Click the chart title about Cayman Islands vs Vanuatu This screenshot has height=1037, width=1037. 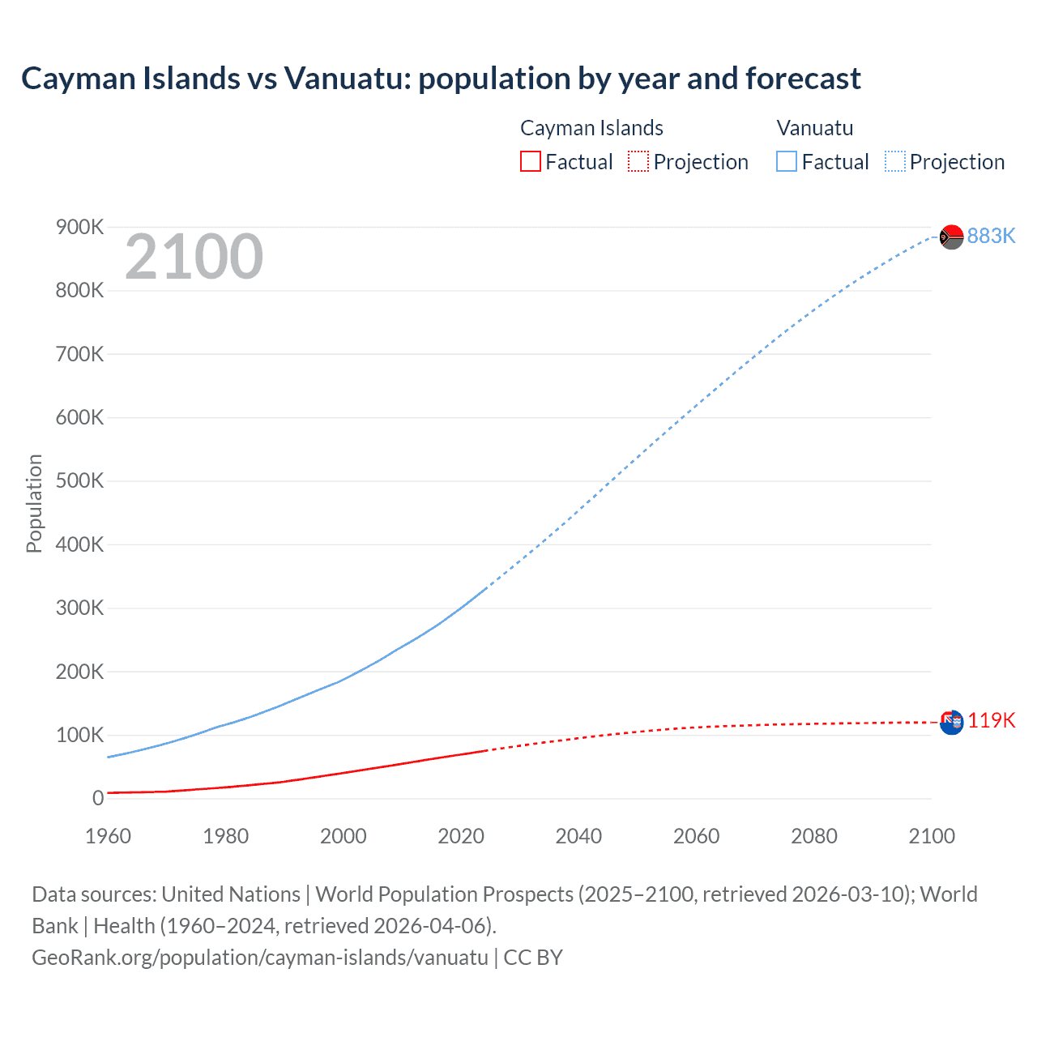click(441, 79)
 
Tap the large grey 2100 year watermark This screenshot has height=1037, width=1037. click(194, 257)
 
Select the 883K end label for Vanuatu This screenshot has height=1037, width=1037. click(991, 236)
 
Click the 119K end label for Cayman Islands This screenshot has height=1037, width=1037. click(991, 720)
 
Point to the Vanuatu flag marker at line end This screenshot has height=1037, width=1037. click(951, 237)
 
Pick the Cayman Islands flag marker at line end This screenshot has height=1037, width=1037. click(951, 722)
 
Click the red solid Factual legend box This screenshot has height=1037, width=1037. click(530, 162)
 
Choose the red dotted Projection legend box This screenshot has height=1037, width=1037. click(638, 162)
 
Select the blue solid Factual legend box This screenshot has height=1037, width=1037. click(786, 162)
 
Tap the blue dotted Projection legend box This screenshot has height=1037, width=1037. click(894, 162)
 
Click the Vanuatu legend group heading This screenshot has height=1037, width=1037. click(814, 128)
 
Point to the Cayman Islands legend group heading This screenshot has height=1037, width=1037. click(591, 128)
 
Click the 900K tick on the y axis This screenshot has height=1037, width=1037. click(79, 227)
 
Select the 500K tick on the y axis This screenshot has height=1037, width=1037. click(79, 480)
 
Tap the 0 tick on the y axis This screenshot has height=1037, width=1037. click(98, 798)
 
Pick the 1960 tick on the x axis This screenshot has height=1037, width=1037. click(108, 836)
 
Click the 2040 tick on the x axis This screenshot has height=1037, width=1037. click(578, 836)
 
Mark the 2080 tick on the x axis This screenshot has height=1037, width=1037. click(814, 836)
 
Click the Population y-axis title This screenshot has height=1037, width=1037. click(34, 503)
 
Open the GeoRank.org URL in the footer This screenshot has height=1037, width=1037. click(260, 958)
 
